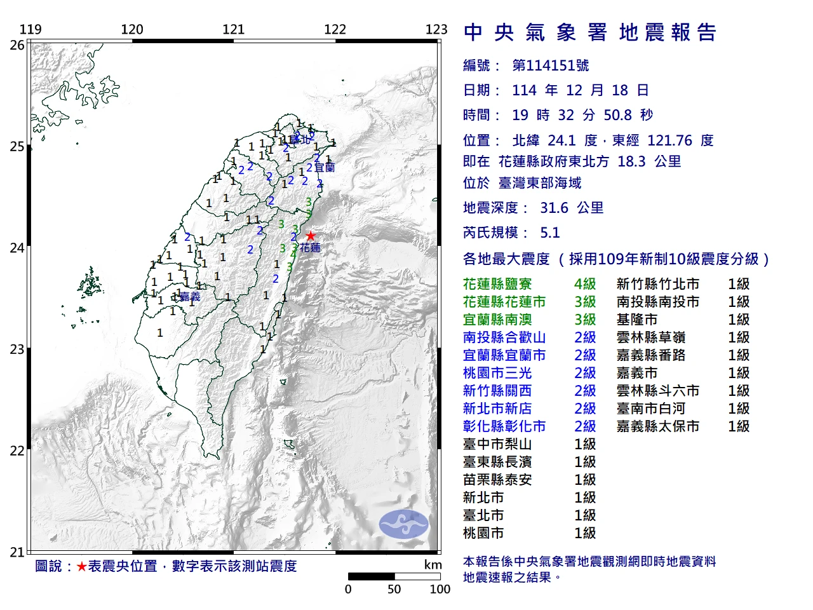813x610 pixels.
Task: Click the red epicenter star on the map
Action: (310, 236)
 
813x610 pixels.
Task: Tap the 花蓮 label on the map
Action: (311, 248)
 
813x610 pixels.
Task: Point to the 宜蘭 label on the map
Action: (325, 168)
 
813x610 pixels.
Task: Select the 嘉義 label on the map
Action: (189, 297)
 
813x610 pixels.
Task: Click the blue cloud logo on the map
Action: (403, 524)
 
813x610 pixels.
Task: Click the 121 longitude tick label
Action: (233, 29)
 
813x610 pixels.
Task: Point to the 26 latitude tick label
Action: (17, 45)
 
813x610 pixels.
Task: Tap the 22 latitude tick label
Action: (17, 451)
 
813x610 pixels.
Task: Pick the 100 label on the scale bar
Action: (440, 589)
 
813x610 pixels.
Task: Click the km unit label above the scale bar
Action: (433, 565)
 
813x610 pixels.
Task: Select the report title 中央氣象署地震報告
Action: (590, 32)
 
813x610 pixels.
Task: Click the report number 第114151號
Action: (550, 65)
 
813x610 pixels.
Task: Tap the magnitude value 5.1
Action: (550, 233)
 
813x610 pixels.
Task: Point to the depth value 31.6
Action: (554, 208)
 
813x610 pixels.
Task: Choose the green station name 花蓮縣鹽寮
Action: (497, 284)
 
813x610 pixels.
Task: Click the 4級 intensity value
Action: (585, 284)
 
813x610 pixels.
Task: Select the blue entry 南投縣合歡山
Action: (504, 337)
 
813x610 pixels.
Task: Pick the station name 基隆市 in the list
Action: (637, 320)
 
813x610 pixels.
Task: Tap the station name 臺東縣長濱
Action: (497, 462)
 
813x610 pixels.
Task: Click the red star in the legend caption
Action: (81, 566)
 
